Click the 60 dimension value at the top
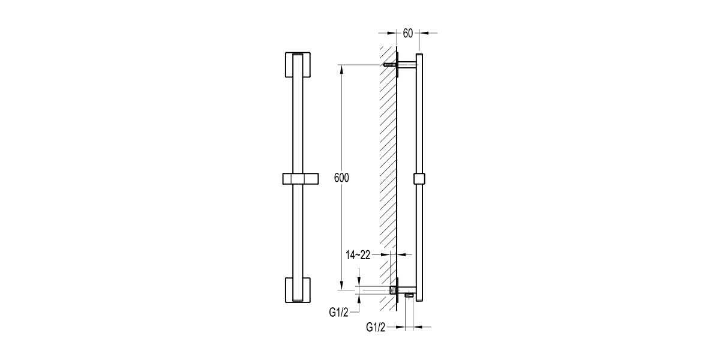pos(407,34)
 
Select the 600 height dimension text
pos(340,178)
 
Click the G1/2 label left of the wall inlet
pos(340,311)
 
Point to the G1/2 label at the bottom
pos(376,327)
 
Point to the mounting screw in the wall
pos(389,65)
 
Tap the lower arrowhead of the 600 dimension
pos(341,286)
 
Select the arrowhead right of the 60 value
pos(422,34)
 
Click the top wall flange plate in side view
pos(399,65)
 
